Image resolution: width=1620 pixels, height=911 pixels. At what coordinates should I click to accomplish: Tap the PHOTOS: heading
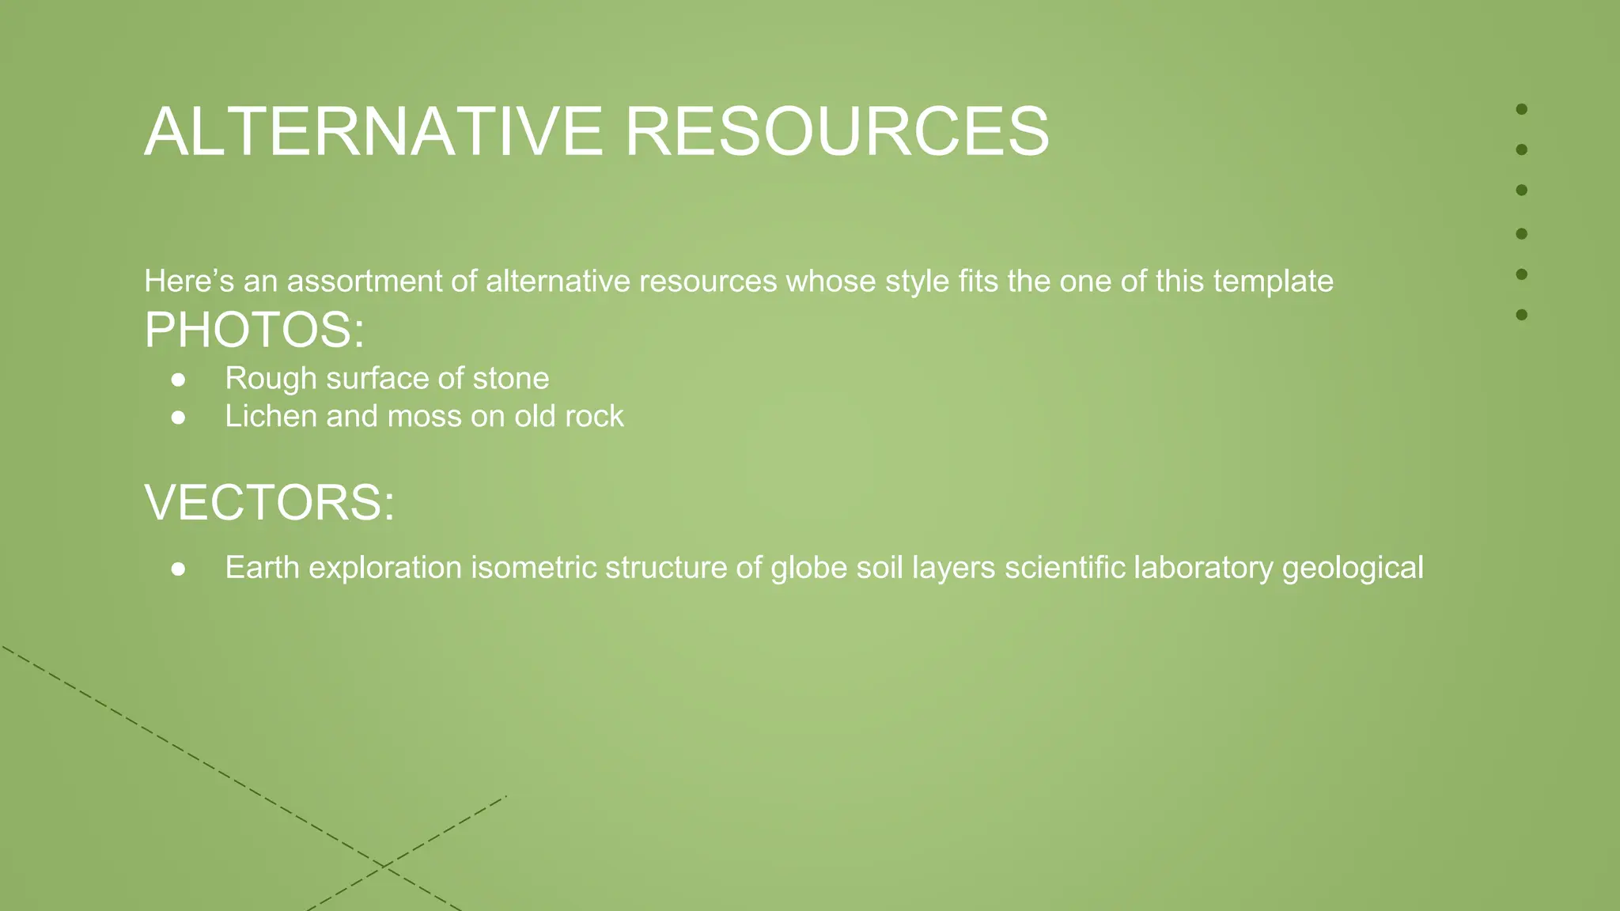click(254, 330)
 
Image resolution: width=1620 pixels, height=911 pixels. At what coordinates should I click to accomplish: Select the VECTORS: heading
click(269, 502)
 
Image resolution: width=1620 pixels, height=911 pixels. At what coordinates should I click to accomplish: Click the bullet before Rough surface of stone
click(179, 380)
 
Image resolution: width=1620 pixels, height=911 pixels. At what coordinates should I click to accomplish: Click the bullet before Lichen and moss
click(179, 418)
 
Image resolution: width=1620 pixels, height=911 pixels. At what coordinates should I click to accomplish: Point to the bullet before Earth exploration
click(179, 569)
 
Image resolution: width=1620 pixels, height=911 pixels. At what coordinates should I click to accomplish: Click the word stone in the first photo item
click(510, 379)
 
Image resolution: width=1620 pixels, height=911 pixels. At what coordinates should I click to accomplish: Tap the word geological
click(1352, 568)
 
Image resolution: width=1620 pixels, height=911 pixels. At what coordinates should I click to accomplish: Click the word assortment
click(364, 282)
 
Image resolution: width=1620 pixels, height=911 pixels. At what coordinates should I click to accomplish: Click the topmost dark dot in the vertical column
click(1521, 109)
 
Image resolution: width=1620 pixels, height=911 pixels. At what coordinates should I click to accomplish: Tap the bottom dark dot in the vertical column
click(1521, 315)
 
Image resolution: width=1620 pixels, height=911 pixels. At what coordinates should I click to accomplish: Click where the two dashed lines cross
click(383, 866)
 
